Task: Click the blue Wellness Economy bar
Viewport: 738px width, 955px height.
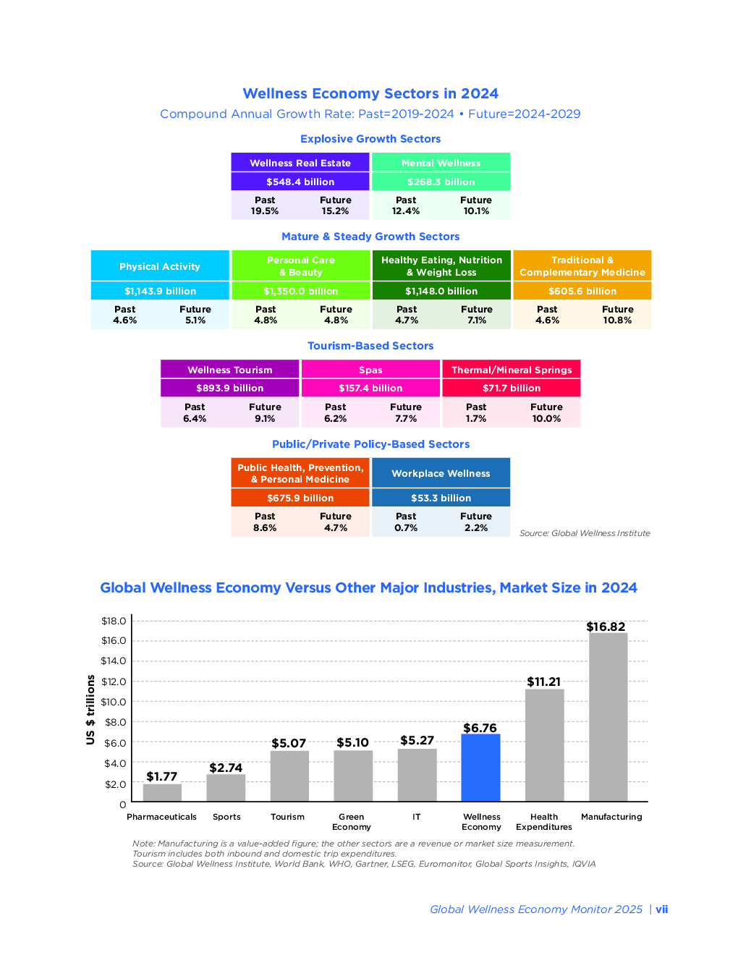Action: (x=480, y=768)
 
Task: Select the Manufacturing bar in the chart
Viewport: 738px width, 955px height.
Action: (x=608, y=717)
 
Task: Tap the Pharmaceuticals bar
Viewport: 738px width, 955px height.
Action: (x=162, y=792)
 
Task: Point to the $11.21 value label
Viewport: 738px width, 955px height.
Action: (x=543, y=682)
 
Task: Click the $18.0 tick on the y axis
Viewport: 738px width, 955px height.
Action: (x=114, y=621)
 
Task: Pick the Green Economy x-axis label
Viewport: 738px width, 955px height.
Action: (x=352, y=822)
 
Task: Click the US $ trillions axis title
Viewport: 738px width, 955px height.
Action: (x=90, y=710)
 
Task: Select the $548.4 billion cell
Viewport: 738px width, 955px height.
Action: (x=300, y=182)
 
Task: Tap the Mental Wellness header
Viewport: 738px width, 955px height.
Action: (x=441, y=163)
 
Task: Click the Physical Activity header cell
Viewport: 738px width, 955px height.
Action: (x=160, y=266)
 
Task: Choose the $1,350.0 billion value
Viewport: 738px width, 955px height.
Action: (x=301, y=291)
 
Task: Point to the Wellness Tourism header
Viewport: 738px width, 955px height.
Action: (x=230, y=370)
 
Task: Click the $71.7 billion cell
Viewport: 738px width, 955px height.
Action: (x=512, y=388)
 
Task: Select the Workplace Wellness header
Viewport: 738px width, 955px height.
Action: (x=441, y=473)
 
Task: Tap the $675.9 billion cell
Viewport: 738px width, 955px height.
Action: (x=300, y=498)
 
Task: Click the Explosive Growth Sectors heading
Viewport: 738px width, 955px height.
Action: (x=370, y=139)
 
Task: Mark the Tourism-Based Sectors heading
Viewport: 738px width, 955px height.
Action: (x=370, y=346)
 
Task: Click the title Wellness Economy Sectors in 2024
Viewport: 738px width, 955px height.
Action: (x=370, y=93)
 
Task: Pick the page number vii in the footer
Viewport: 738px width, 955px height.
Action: (x=662, y=909)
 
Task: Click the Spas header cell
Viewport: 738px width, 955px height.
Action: (x=370, y=370)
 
